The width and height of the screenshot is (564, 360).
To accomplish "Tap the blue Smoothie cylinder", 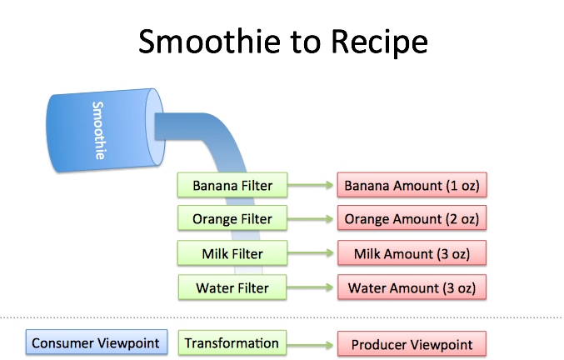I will [99, 132].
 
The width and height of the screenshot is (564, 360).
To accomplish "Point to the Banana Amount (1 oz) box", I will [412, 185].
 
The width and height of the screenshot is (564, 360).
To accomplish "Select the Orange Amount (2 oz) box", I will [412, 218].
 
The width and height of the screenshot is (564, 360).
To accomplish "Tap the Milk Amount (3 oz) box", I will [412, 253].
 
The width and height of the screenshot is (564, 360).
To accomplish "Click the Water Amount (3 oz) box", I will [412, 288].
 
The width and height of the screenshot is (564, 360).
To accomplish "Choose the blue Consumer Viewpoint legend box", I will [97, 342].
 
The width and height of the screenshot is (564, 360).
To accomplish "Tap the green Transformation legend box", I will [232, 342].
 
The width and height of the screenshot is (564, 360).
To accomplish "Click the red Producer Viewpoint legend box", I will [412, 344].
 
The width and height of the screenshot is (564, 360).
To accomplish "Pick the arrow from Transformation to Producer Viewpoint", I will [308, 343].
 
